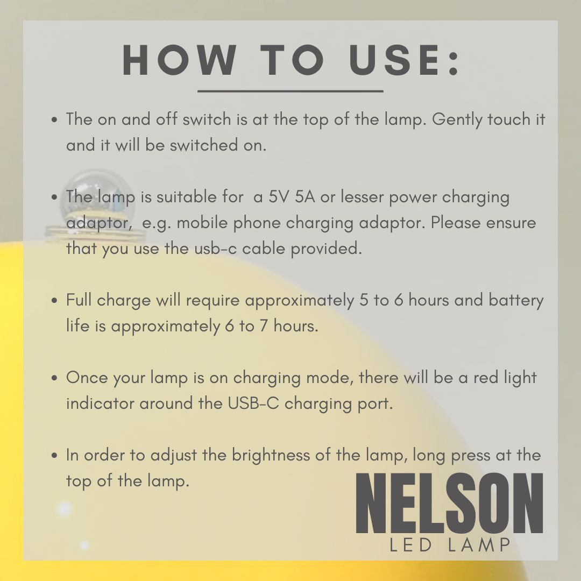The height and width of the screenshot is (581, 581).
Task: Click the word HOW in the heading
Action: pos(179,60)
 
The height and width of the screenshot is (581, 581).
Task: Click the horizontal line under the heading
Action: pos(290,91)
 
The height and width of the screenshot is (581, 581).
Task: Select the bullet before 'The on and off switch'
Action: pos(54,120)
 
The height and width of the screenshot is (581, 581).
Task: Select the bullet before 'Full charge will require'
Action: pos(54,301)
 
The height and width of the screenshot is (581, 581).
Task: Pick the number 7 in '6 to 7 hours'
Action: pos(264,326)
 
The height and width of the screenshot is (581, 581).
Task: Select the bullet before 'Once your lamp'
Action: pos(54,378)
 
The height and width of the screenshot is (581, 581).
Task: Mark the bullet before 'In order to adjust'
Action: pos(54,456)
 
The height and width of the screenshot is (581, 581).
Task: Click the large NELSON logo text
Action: pos(449,503)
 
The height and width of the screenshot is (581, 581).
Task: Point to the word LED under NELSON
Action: pos(412,545)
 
